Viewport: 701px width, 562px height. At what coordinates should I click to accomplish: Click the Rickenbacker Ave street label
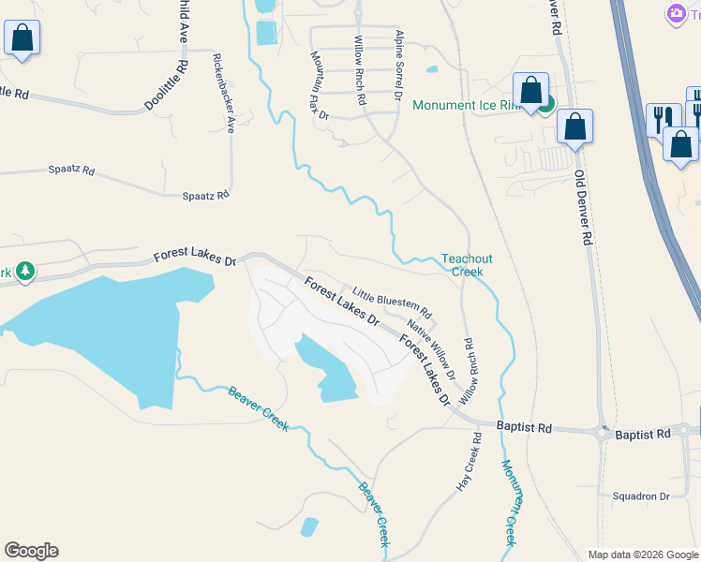(x=224, y=93)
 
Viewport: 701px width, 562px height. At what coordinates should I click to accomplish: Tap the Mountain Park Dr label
(x=319, y=85)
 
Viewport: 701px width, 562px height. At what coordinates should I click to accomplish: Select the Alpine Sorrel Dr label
(x=398, y=66)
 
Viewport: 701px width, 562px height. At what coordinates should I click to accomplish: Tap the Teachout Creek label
(x=467, y=265)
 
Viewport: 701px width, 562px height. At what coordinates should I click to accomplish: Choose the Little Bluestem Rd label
(x=392, y=301)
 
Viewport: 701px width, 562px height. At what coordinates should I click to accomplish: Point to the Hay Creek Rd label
(x=469, y=462)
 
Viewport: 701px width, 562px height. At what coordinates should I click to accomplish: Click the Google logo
(x=31, y=551)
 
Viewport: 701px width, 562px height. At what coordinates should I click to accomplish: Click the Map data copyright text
(x=641, y=555)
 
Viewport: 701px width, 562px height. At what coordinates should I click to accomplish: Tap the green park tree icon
(x=25, y=273)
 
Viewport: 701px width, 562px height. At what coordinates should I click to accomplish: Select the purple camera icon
(x=675, y=14)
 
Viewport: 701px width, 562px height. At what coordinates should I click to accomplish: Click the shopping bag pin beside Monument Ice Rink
(x=530, y=91)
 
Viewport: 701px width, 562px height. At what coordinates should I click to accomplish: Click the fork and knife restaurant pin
(x=663, y=119)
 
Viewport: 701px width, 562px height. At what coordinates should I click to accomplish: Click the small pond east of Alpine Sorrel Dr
(x=431, y=68)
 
